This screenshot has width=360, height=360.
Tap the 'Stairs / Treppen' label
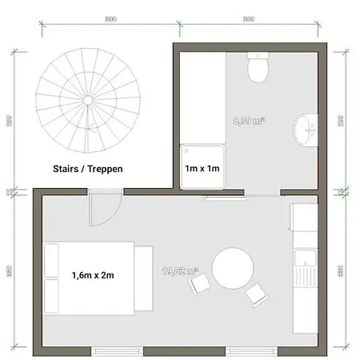click(x=89, y=169)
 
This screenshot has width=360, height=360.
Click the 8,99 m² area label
click(x=249, y=121)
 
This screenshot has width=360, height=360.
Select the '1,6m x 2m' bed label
click(x=92, y=276)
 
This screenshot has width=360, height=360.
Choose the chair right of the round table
click(x=258, y=294)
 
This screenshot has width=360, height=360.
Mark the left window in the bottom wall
click(x=118, y=350)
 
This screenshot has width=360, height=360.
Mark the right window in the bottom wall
click(x=253, y=350)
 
